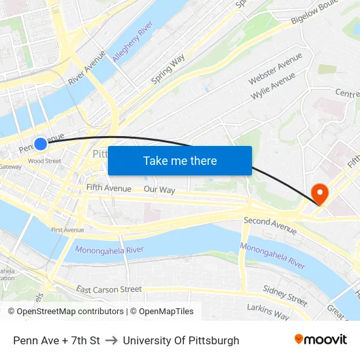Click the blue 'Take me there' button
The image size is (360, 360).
point(180,161)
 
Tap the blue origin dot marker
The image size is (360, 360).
point(41,144)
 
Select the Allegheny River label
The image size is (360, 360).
point(132,41)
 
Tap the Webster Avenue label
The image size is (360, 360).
point(275,69)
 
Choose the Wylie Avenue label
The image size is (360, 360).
point(273,86)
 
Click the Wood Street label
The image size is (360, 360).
point(45,161)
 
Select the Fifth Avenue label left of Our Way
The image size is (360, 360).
point(109,189)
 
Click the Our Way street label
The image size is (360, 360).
point(159,190)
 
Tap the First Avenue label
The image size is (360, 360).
point(67,230)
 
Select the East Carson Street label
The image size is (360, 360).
point(109,289)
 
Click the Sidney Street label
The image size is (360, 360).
point(285,295)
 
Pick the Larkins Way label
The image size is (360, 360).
point(268,311)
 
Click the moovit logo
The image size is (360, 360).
point(320,339)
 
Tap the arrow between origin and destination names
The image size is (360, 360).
point(111,340)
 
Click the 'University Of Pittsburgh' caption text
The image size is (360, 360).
point(181,340)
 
